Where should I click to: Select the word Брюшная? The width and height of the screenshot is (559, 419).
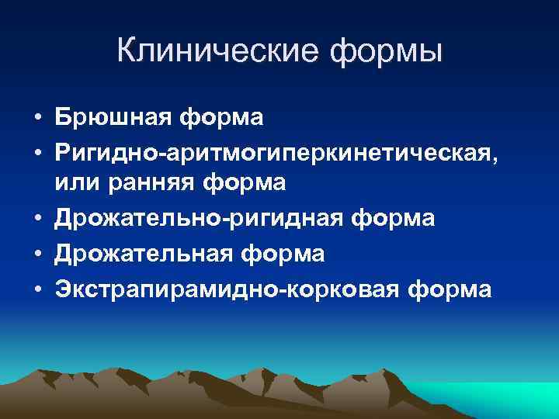(113, 119)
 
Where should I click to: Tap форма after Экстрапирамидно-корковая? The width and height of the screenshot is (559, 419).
(447, 289)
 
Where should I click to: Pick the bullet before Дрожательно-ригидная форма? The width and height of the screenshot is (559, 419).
(37, 220)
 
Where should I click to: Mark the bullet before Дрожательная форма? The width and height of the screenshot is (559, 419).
(37, 255)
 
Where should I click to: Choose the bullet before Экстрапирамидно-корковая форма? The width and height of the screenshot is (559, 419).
(37, 289)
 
